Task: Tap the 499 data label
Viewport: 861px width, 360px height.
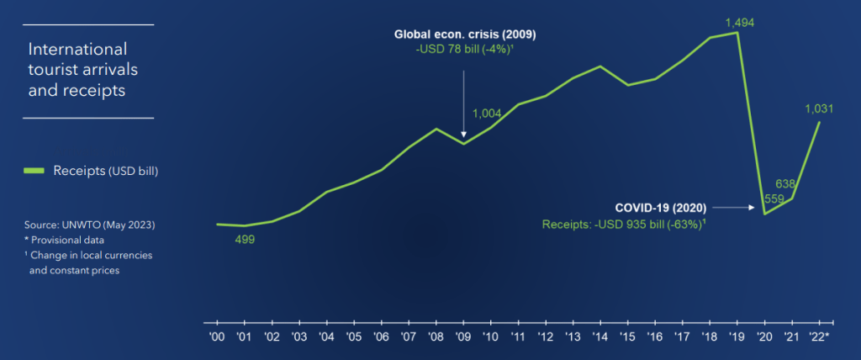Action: pyautogui.click(x=244, y=240)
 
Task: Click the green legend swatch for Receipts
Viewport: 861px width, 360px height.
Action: pyautogui.click(x=34, y=171)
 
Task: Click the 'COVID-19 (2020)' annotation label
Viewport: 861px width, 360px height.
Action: pyautogui.click(x=661, y=207)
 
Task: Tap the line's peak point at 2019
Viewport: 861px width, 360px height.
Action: pyautogui.click(x=738, y=33)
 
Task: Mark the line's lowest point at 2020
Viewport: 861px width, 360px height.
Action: pyautogui.click(x=765, y=214)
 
